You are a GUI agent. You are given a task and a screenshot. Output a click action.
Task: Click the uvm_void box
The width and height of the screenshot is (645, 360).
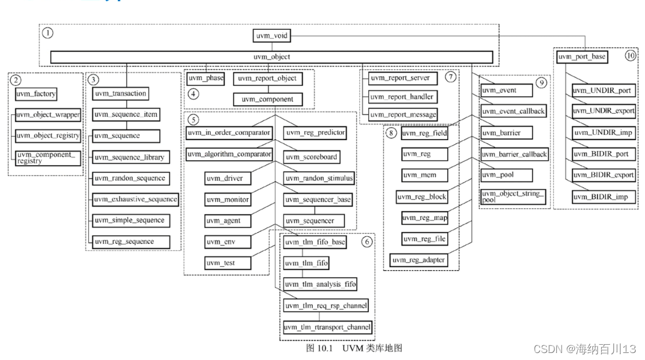(x=271, y=36)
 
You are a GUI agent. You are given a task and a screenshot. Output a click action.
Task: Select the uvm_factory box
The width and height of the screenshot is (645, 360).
(x=36, y=94)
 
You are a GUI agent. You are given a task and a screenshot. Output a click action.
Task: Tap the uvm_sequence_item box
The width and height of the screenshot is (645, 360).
(x=126, y=114)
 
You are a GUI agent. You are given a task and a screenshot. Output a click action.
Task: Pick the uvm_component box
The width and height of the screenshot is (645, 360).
(x=267, y=99)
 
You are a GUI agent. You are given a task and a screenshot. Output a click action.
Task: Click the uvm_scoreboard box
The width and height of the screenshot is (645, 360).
(x=311, y=156)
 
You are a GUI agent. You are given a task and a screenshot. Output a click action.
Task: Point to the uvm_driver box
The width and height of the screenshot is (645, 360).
(x=228, y=179)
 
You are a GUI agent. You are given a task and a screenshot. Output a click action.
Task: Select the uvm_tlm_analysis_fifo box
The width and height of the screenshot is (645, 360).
(x=320, y=284)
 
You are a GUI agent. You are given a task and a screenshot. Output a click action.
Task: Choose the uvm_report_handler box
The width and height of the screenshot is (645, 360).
(x=403, y=97)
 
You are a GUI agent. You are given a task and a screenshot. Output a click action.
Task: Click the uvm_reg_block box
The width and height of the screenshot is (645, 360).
(x=421, y=197)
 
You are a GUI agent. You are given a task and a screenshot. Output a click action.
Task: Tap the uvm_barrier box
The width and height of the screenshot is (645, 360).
(x=507, y=133)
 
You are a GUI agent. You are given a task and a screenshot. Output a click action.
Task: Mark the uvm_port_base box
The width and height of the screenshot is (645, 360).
(x=582, y=56)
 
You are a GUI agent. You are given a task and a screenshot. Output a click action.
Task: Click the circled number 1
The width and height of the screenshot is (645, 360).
(x=48, y=33)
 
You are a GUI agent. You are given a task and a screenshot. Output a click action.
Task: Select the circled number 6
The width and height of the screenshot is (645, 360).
(x=367, y=242)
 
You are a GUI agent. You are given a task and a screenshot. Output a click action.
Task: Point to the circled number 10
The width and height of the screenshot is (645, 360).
(x=630, y=55)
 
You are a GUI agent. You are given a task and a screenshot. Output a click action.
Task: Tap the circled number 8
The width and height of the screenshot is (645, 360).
(x=391, y=133)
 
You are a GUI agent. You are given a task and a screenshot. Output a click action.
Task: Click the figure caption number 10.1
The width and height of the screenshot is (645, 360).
(x=325, y=348)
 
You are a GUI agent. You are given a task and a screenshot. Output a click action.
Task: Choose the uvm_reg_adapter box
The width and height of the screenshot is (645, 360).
(x=419, y=260)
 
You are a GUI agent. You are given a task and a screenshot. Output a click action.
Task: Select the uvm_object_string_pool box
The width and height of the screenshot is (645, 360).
(x=513, y=197)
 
